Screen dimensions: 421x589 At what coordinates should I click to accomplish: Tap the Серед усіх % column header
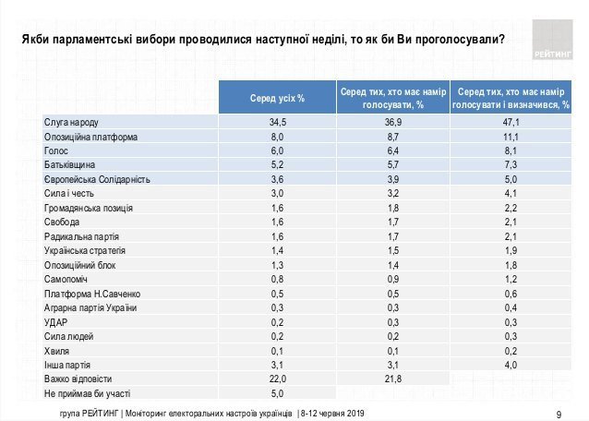277,98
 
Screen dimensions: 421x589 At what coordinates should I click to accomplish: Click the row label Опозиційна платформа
91,137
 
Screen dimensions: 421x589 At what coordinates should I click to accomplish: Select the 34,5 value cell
277,123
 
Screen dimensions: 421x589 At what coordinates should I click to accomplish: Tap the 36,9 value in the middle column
393,123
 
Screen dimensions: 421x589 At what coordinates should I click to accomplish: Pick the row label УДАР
57,322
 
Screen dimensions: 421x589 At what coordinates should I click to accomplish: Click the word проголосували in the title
458,40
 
